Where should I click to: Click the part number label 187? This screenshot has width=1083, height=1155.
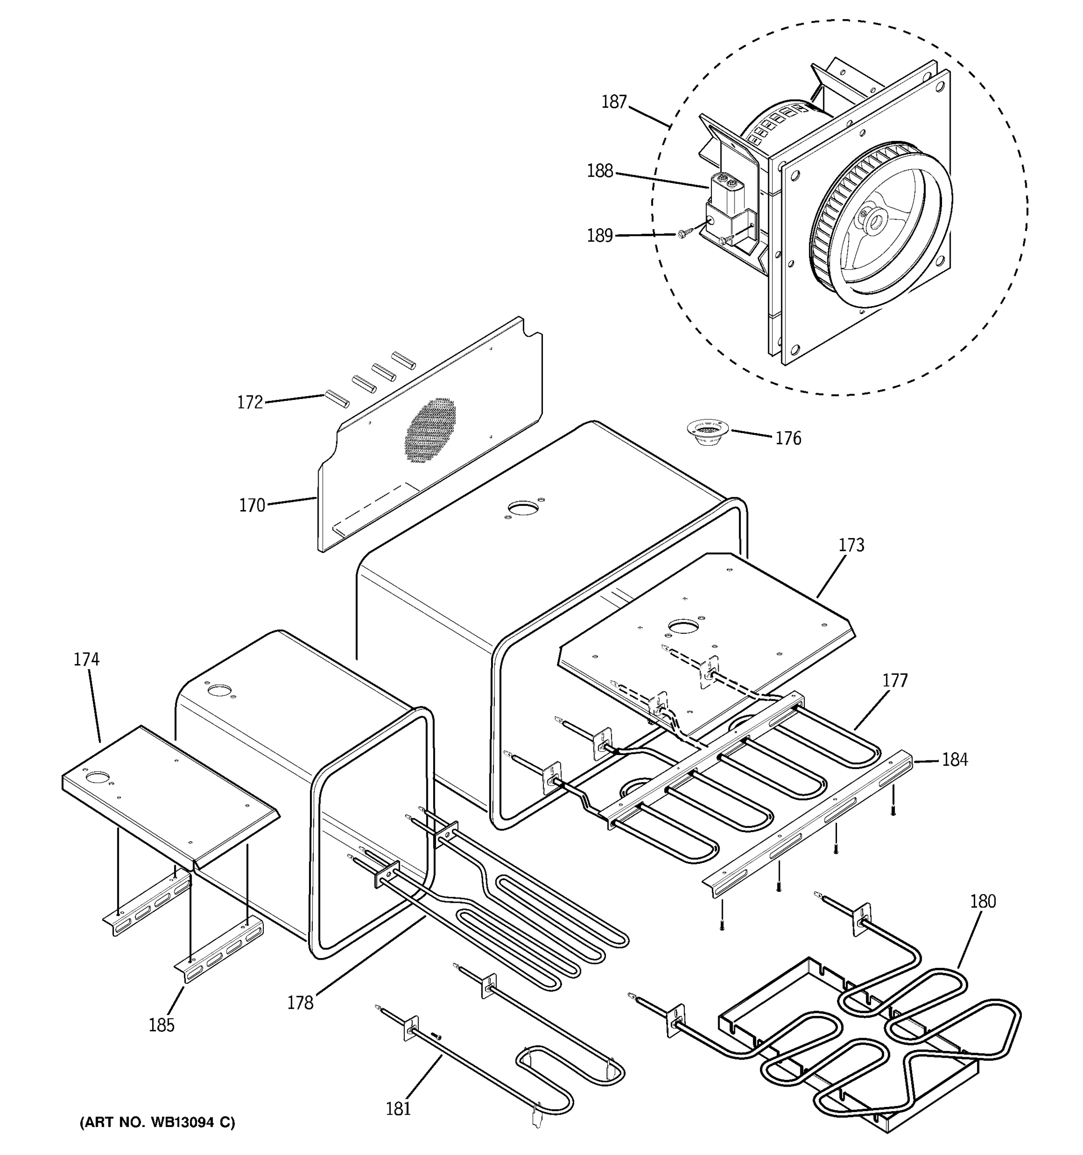[614, 102]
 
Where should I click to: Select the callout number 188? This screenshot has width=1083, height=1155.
[600, 171]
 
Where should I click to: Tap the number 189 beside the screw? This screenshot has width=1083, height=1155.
[600, 235]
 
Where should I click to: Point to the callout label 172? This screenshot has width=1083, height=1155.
[250, 402]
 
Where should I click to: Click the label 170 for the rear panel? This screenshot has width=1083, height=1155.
[252, 505]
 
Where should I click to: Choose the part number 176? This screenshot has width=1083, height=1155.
[788, 438]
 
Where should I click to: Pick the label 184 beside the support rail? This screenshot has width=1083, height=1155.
[954, 759]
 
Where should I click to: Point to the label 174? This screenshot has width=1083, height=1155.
[86, 659]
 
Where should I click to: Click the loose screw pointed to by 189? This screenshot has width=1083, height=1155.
[684, 233]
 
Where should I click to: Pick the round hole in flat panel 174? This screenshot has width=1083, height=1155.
[97, 777]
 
